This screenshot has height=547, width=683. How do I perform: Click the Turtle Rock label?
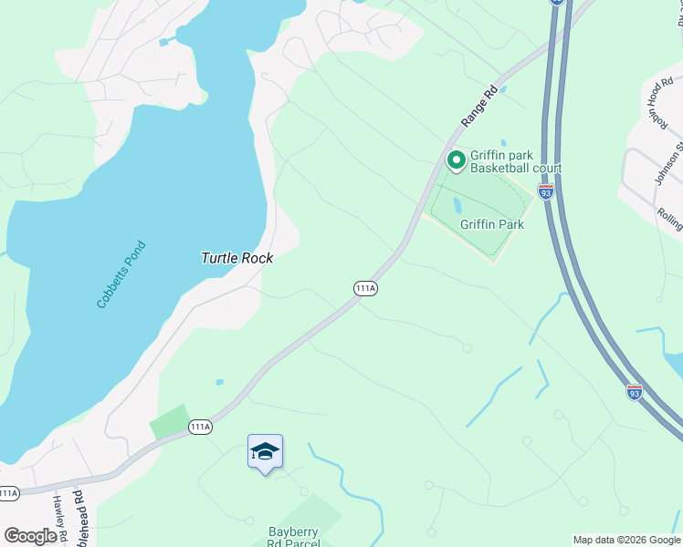click(x=236, y=258)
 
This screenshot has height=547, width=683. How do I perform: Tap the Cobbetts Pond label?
click(x=121, y=273)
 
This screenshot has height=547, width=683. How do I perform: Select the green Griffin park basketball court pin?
click(x=456, y=161)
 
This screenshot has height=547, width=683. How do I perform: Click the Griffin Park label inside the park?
click(x=491, y=224)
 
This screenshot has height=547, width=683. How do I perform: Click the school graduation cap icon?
click(x=265, y=451)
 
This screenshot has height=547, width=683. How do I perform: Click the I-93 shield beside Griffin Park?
click(x=545, y=192)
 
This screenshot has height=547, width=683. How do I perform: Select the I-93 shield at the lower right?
click(x=635, y=392)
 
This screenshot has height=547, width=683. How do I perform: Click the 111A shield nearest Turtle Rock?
click(x=365, y=288)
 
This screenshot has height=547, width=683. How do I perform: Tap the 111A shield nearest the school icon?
click(x=200, y=427)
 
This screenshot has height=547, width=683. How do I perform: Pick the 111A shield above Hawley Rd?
click(x=8, y=493)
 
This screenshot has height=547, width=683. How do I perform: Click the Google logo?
click(x=30, y=535)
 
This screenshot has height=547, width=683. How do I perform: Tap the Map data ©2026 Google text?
click(x=625, y=540)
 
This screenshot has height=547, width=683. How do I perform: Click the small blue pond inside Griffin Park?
click(x=457, y=204)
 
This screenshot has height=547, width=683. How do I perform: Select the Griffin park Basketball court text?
click(x=516, y=161)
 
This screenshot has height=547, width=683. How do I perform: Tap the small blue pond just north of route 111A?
click(x=219, y=382)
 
